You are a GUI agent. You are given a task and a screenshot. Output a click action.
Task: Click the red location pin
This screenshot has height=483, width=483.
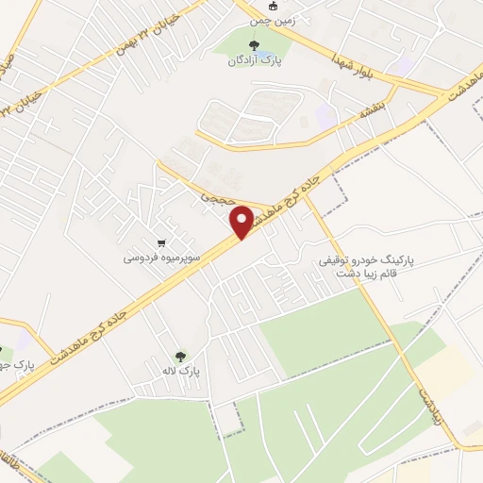[241, 223]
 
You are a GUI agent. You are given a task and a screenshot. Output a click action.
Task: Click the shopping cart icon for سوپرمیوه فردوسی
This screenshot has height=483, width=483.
[162, 241]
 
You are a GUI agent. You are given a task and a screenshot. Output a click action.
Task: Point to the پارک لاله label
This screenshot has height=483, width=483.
[180, 371]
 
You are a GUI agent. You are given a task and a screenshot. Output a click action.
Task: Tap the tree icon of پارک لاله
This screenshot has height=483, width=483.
[180, 356]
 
